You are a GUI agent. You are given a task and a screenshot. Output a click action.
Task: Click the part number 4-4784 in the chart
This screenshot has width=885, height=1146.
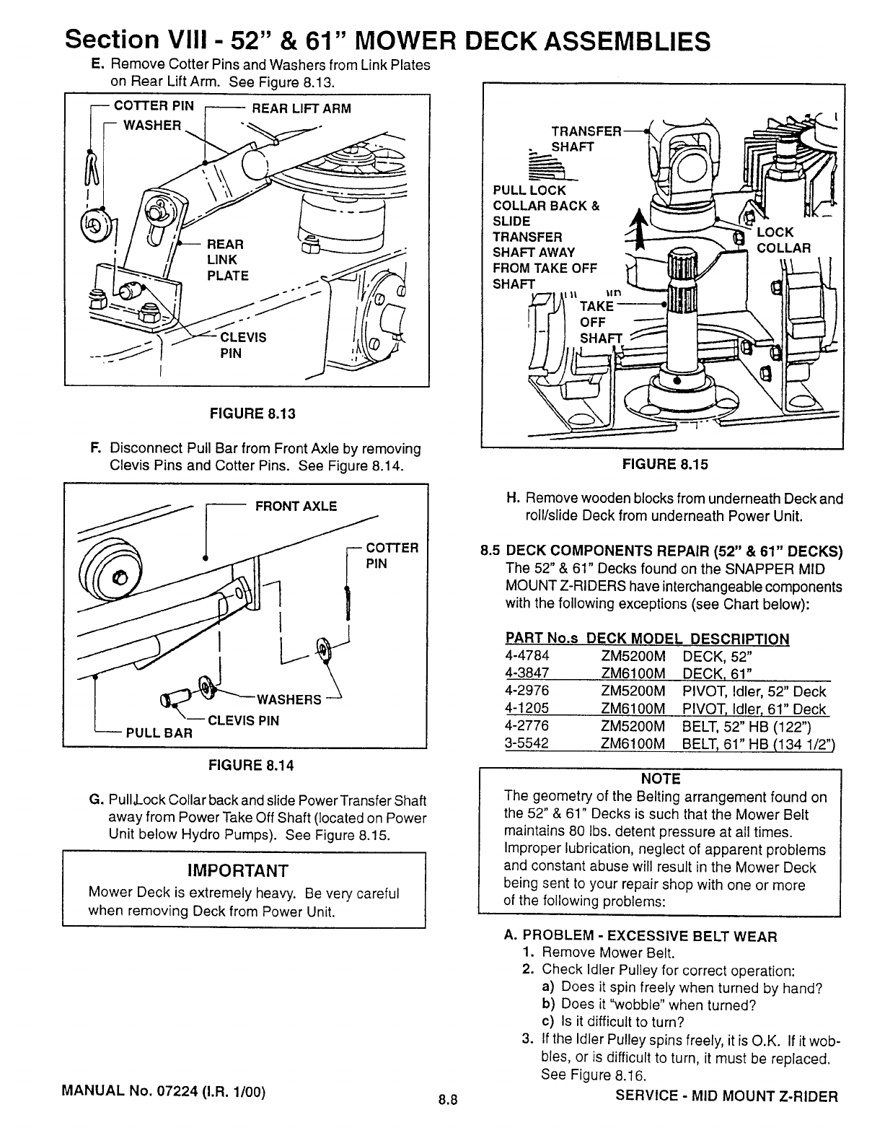point(527,657)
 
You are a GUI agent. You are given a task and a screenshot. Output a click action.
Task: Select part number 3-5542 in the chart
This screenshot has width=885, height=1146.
point(527,743)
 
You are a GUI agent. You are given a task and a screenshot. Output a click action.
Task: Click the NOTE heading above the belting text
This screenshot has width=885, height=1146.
point(660,779)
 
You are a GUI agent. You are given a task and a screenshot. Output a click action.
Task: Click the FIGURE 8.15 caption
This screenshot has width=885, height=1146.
point(665,465)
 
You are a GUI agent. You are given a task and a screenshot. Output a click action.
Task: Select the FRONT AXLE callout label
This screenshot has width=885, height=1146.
point(296,506)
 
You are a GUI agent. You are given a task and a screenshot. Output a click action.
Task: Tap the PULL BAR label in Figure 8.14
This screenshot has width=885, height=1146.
point(159,733)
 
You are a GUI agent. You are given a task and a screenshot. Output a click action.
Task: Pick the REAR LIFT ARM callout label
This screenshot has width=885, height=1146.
point(300,109)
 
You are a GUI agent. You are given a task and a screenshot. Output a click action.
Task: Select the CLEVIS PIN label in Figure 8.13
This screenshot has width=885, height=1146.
point(242,345)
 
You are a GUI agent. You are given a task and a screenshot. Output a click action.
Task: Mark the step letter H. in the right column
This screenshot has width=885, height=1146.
point(514,499)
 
